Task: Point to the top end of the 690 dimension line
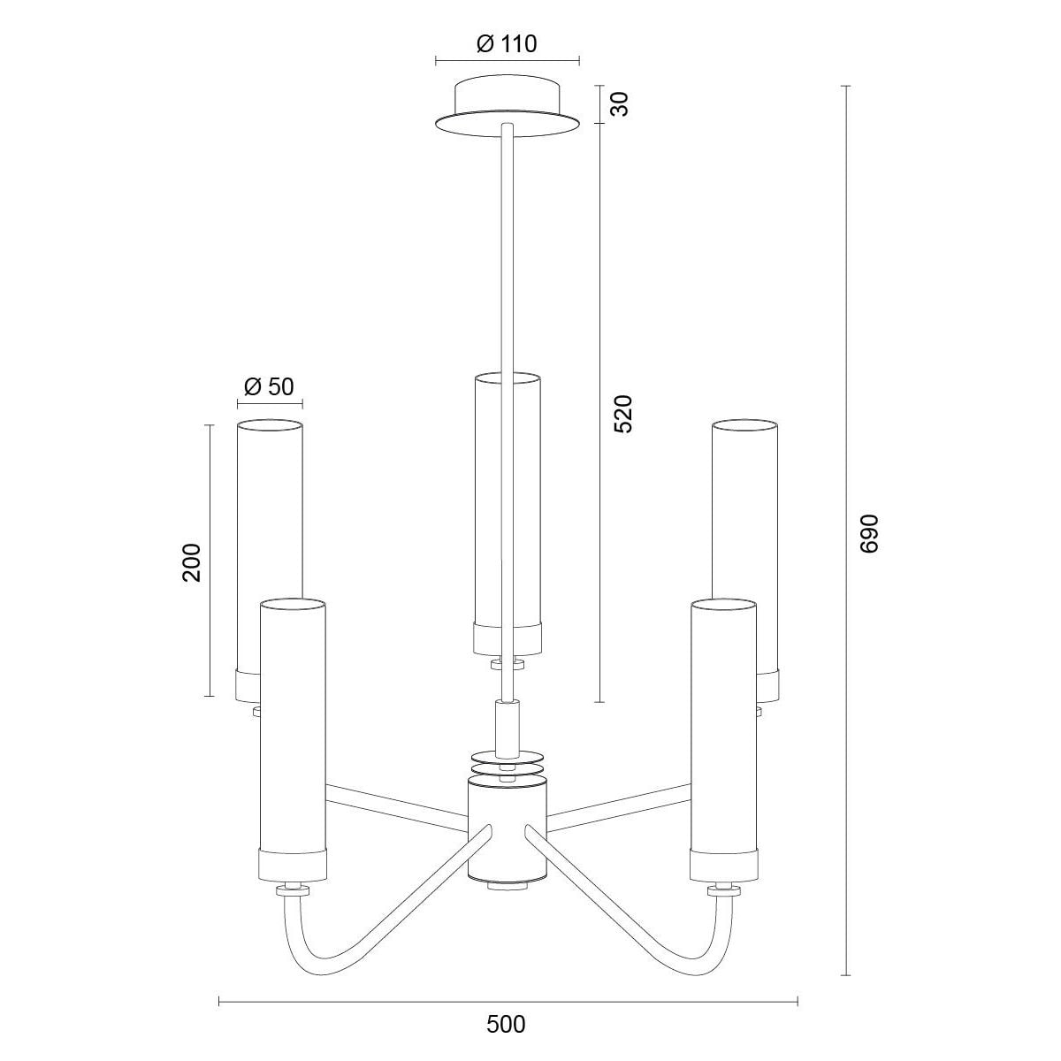point(846,87)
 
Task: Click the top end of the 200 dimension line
point(209,425)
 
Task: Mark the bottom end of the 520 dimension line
point(600,702)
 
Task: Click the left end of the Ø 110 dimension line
point(436,61)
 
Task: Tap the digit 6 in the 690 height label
point(870,546)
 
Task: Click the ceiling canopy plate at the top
point(508,109)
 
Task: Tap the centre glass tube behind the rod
point(508,514)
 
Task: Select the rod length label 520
point(624,414)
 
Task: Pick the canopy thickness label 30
point(620,104)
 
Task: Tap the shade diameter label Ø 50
point(270,386)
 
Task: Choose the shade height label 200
point(192,562)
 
